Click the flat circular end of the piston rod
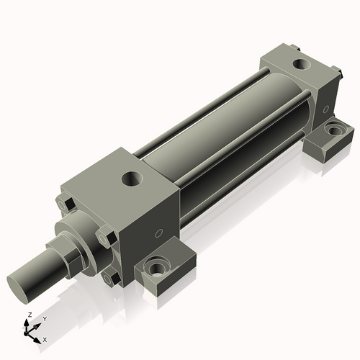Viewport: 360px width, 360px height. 17,289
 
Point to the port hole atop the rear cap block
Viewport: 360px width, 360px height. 301,64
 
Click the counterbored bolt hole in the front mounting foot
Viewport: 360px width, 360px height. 157,266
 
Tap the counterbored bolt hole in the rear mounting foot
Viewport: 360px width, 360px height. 334,129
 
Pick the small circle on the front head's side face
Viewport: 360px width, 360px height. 158,233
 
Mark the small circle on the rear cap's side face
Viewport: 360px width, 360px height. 325,109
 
